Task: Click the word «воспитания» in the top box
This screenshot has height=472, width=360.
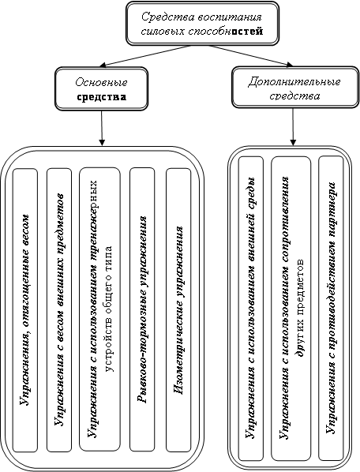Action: pos(230,17)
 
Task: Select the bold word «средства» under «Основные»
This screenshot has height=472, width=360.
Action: pos(101,97)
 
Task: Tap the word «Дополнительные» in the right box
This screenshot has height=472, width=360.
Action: pos(294,82)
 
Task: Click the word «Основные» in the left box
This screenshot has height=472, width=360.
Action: pos(101,82)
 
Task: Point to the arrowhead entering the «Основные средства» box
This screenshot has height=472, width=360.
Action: pos(103,65)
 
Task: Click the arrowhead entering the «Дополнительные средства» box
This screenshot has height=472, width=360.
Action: pos(290,65)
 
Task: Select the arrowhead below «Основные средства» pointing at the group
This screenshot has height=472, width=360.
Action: pos(103,142)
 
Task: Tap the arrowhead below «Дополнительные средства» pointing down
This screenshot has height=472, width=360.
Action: pos(293,142)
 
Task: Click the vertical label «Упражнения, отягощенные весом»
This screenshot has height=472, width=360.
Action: pos(25,309)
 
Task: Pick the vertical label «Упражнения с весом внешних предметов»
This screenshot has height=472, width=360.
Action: pos(59,309)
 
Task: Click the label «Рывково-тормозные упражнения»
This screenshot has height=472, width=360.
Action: pos(142,309)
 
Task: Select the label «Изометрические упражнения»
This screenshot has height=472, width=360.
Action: pos(178,309)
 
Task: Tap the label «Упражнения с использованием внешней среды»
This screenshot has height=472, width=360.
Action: pos(250,307)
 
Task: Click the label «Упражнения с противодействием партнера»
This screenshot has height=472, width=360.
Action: pos(331,307)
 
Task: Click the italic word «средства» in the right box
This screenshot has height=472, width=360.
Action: pos(294,96)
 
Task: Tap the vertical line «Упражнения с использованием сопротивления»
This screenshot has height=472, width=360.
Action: pos(285,307)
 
